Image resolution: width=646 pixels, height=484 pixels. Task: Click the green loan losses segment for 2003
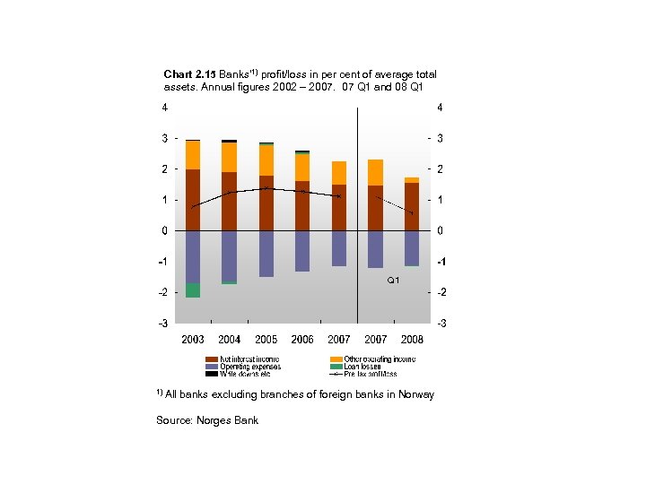(x=193, y=290)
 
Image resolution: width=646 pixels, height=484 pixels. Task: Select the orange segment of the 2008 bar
(x=412, y=180)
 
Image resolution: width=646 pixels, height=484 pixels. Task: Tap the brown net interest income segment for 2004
(x=230, y=201)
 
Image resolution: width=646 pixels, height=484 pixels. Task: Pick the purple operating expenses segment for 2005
(x=266, y=254)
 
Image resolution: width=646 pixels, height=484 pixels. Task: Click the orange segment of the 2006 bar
(x=302, y=168)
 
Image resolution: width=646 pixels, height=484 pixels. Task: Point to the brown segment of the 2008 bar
(x=412, y=206)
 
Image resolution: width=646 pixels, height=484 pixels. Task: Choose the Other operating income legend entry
(x=372, y=359)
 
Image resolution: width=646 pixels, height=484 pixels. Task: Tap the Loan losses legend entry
(x=358, y=367)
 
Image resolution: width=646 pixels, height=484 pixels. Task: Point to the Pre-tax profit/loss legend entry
(x=368, y=374)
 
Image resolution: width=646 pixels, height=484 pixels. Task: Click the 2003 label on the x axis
(x=193, y=340)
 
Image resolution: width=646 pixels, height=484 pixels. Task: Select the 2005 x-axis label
(x=266, y=340)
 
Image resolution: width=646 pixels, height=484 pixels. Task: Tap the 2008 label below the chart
(x=412, y=340)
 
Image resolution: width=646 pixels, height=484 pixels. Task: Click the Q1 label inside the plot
(x=393, y=281)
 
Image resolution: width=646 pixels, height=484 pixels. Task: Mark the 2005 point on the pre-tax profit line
(x=266, y=188)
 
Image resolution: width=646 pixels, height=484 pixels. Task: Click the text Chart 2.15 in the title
(x=186, y=73)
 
